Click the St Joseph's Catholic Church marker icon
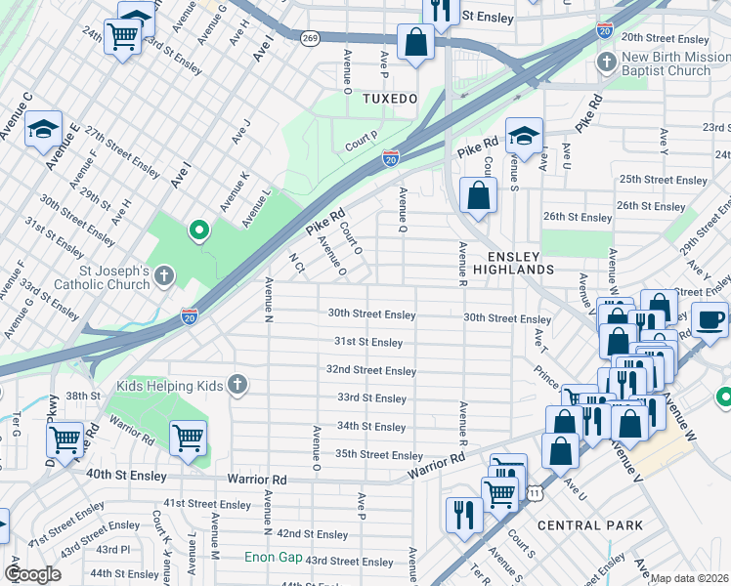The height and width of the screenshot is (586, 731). [163, 276]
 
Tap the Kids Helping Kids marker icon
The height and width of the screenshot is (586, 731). [236, 384]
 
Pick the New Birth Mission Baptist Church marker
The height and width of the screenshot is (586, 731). [607, 63]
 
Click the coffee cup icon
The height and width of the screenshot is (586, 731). [710, 318]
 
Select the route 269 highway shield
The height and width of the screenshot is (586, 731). [310, 38]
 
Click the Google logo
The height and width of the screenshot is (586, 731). [32, 574]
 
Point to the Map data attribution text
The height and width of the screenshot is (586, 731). [689, 578]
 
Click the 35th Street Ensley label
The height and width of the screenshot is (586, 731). [379, 455]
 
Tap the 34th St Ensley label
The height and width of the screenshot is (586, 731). [371, 427]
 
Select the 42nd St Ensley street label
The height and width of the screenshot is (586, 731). [313, 534]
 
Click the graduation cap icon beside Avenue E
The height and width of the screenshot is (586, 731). [43, 130]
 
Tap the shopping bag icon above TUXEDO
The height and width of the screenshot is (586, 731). [415, 43]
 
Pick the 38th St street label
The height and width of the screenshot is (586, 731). [84, 396]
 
